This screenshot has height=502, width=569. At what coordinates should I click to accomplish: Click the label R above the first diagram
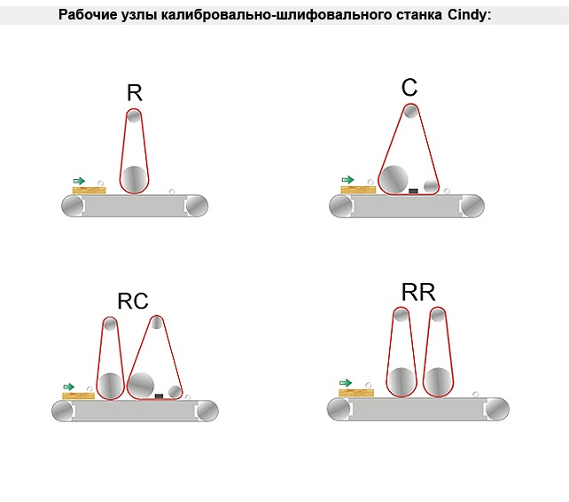135,93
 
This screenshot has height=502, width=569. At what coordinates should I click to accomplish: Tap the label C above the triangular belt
409,87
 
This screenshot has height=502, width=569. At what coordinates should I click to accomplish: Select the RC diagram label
132,301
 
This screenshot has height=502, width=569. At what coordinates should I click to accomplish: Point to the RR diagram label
418,293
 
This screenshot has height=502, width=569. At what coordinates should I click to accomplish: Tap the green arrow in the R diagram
79,180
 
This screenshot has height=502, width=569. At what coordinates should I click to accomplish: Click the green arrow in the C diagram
347,180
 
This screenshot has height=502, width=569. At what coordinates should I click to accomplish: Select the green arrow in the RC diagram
68,386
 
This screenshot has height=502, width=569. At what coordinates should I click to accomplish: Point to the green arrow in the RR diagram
347,382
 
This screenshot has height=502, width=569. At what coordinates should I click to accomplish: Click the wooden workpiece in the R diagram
89,190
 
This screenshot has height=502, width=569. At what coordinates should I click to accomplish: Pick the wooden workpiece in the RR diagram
356,392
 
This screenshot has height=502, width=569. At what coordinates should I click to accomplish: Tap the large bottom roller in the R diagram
134,178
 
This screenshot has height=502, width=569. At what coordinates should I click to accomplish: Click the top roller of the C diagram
409,111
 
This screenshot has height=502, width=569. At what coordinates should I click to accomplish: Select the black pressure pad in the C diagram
413,190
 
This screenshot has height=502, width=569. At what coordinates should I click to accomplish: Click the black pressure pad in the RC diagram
159,395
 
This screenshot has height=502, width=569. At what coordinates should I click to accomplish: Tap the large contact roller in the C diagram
394,176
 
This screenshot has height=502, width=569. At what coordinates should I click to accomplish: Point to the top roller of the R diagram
133,116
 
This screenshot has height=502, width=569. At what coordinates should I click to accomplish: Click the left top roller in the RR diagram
401,314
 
